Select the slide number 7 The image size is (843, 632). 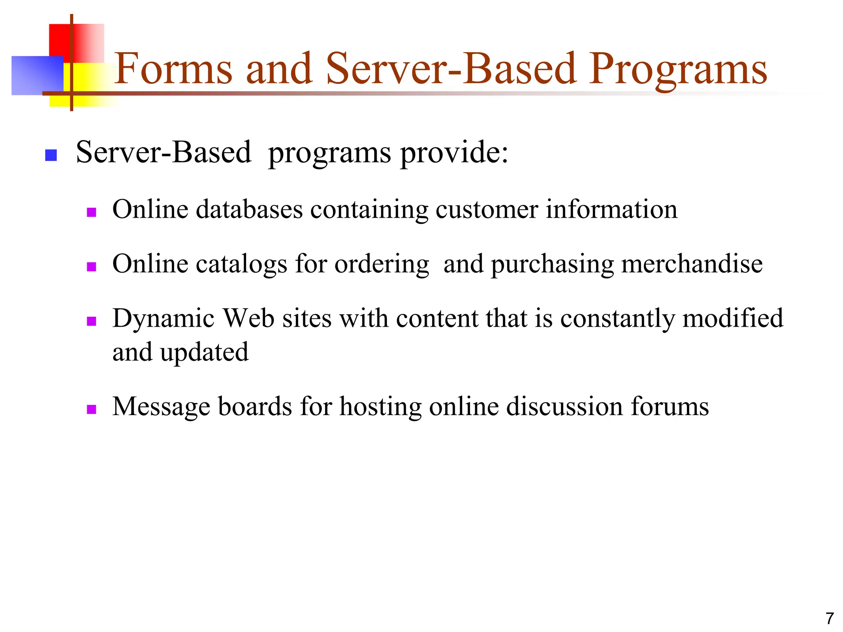829,618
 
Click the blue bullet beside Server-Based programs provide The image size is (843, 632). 51,155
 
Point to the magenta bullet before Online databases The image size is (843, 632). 91,212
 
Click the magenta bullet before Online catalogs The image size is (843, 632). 91,267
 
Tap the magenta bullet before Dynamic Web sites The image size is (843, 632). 91,321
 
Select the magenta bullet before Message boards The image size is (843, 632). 91,409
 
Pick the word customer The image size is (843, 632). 487,210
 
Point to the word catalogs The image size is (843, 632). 241,264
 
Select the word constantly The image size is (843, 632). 617,319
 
